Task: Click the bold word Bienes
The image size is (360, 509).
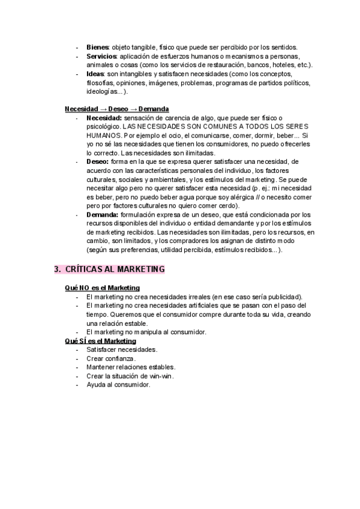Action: click(97, 47)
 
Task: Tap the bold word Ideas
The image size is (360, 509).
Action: click(96, 74)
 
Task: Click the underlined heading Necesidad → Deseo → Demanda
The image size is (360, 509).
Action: click(116, 109)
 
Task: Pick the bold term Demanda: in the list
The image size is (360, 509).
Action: click(103, 214)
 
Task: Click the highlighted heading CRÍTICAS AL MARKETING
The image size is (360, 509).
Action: click(114, 270)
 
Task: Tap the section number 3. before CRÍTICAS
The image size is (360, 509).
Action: click(58, 270)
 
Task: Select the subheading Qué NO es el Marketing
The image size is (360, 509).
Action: click(102, 288)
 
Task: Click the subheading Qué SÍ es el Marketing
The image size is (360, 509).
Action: click(100, 341)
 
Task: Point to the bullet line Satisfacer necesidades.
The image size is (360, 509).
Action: click(122, 349)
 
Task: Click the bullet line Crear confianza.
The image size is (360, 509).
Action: click(112, 358)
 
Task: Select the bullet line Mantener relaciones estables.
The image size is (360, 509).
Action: click(130, 367)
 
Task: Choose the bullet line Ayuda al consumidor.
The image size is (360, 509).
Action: click(118, 385)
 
